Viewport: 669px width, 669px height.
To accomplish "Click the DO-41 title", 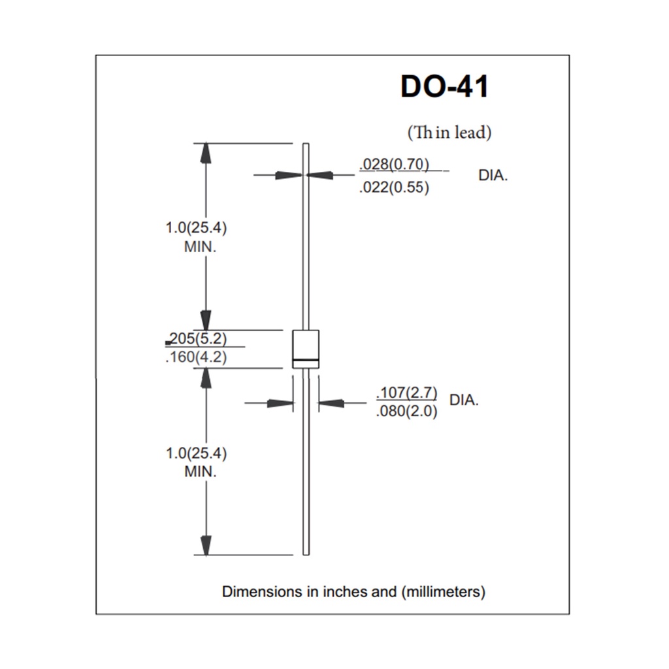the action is tap(444, 87).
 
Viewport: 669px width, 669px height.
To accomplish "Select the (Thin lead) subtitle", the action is tap(449, 132).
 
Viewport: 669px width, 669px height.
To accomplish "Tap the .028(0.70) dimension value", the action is tap(394, 164).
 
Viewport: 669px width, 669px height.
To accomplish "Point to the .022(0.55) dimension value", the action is tap(394, 187).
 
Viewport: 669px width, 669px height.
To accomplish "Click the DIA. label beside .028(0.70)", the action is tap(493, 175).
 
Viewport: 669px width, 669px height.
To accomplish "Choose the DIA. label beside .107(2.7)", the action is tap(464, 400).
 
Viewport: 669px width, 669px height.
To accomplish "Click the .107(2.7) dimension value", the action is tap(406, 393).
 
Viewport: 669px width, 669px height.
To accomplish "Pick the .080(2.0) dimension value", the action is tap(406, 412).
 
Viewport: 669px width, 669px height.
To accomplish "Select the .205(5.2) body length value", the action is tap(197, 338).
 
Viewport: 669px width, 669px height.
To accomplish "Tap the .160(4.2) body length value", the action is tap(196, 357).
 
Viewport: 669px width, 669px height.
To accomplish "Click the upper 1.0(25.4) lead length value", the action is tap(196, 228).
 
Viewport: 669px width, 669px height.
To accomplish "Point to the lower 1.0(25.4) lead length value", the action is tap(196, 453).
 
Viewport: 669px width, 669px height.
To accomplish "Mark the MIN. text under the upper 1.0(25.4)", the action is tap(200, 247).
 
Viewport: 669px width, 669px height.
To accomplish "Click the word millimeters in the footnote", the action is tap(443, 592).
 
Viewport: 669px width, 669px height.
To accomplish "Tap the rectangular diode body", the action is tap(306, 349).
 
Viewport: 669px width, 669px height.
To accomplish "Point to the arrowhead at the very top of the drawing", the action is tap(206, 153).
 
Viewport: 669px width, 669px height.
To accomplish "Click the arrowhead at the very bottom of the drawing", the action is tap(206, 546).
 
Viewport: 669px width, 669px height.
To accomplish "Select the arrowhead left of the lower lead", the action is tap(280, 402).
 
